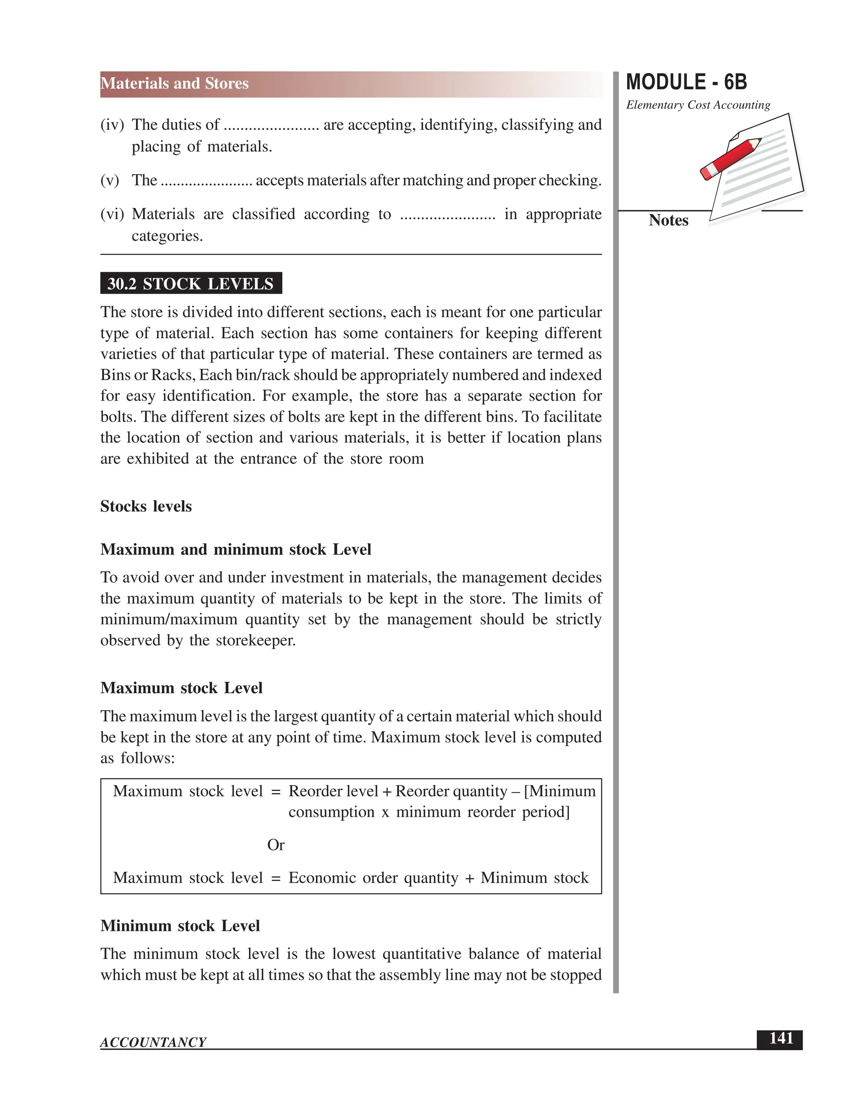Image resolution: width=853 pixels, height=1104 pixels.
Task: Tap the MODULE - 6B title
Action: tap(686, 82)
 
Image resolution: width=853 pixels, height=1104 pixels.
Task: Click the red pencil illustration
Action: tap(731, 158)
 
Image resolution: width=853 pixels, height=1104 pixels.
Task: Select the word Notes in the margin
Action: tap(668, 220)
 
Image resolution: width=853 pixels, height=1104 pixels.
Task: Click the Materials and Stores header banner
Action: tap(175, 83)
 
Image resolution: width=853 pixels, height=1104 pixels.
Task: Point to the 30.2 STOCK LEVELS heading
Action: tap(190, 284)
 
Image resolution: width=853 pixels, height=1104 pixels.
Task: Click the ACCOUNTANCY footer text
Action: tap(153, 1042)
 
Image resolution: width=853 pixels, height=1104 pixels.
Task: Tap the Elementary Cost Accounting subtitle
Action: tap(698, 105)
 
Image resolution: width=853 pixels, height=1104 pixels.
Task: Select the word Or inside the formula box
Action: tap(275, 845)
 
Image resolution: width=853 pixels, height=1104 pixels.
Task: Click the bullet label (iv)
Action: tap(112, 125)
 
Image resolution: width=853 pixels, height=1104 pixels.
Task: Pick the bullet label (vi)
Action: tap(112, 214)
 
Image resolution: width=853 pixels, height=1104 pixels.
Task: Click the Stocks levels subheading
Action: tap(146, 506)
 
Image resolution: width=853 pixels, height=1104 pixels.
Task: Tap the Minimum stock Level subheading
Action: tap(180, 926)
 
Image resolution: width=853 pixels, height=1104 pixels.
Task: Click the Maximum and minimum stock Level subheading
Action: tap(235, 550)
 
